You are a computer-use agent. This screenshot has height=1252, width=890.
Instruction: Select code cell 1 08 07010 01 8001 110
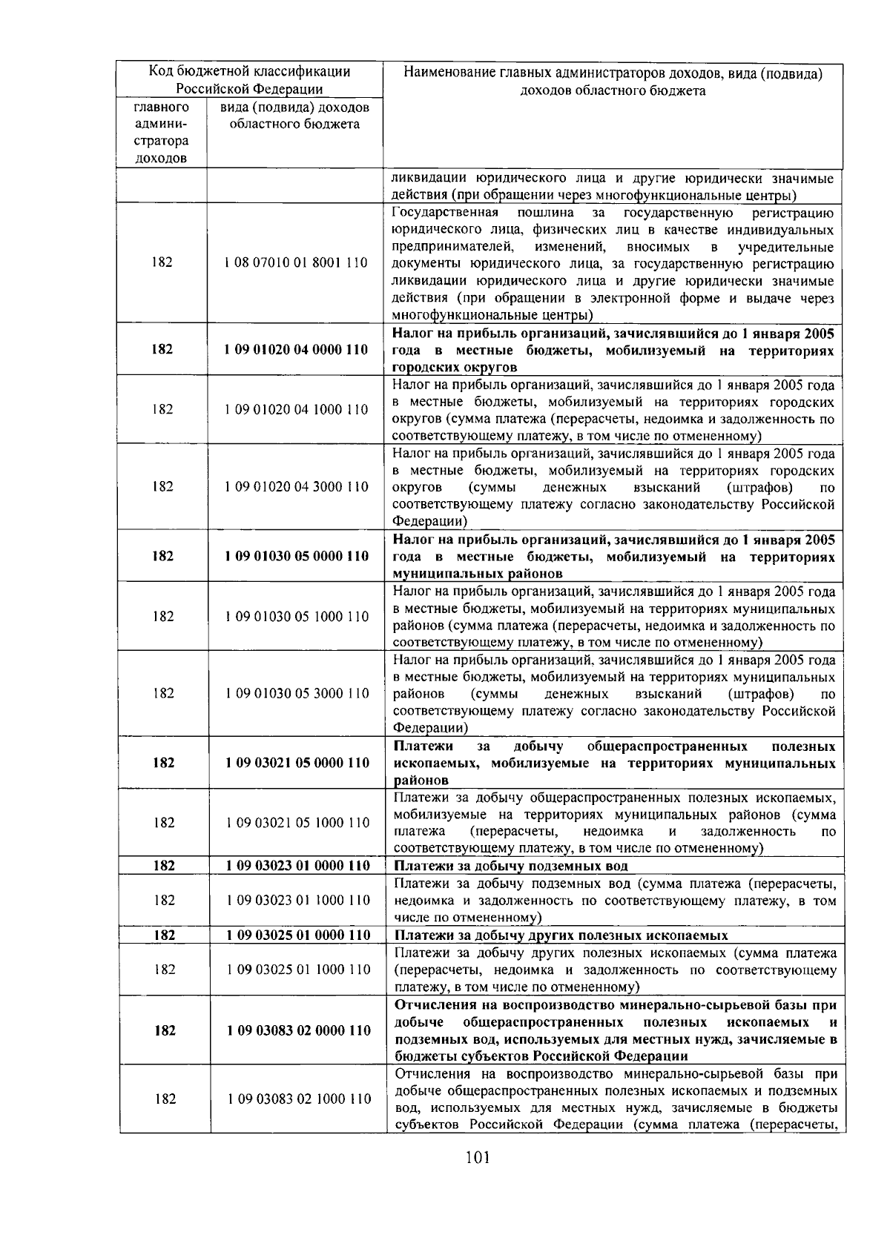(x=296, y=262)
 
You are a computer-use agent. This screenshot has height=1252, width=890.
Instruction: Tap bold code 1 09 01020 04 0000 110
(x=296, y=350)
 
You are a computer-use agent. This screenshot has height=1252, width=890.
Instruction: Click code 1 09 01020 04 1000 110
(x=296, y=409)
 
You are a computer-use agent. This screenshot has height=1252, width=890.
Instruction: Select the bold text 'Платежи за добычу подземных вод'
(x=511, y=866)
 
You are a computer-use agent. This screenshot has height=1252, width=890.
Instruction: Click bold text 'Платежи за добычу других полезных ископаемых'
(x=561, y=935)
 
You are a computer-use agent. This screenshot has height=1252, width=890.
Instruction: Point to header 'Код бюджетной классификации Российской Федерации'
(x=250, y=81)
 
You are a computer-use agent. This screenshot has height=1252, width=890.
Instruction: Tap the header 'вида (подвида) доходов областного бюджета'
(x=295, y=116)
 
